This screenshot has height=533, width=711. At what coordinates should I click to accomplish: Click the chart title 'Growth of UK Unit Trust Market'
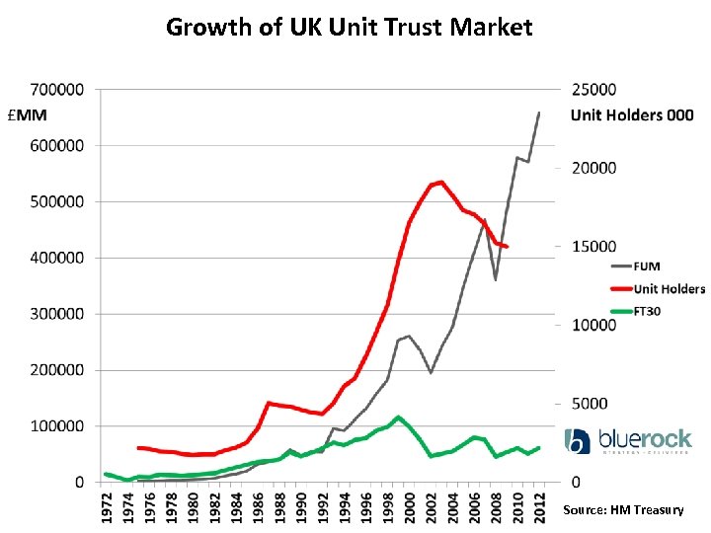pos(349,27)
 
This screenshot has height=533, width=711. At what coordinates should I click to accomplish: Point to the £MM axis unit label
pos(27,115)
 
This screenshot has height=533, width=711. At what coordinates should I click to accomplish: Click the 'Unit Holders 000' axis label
pos(631,115)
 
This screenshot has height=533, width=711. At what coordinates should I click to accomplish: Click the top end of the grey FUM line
pos(539,113)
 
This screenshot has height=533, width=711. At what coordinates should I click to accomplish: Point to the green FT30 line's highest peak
pos(398,418)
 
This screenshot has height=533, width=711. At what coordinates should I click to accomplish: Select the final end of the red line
pos(507,246)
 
